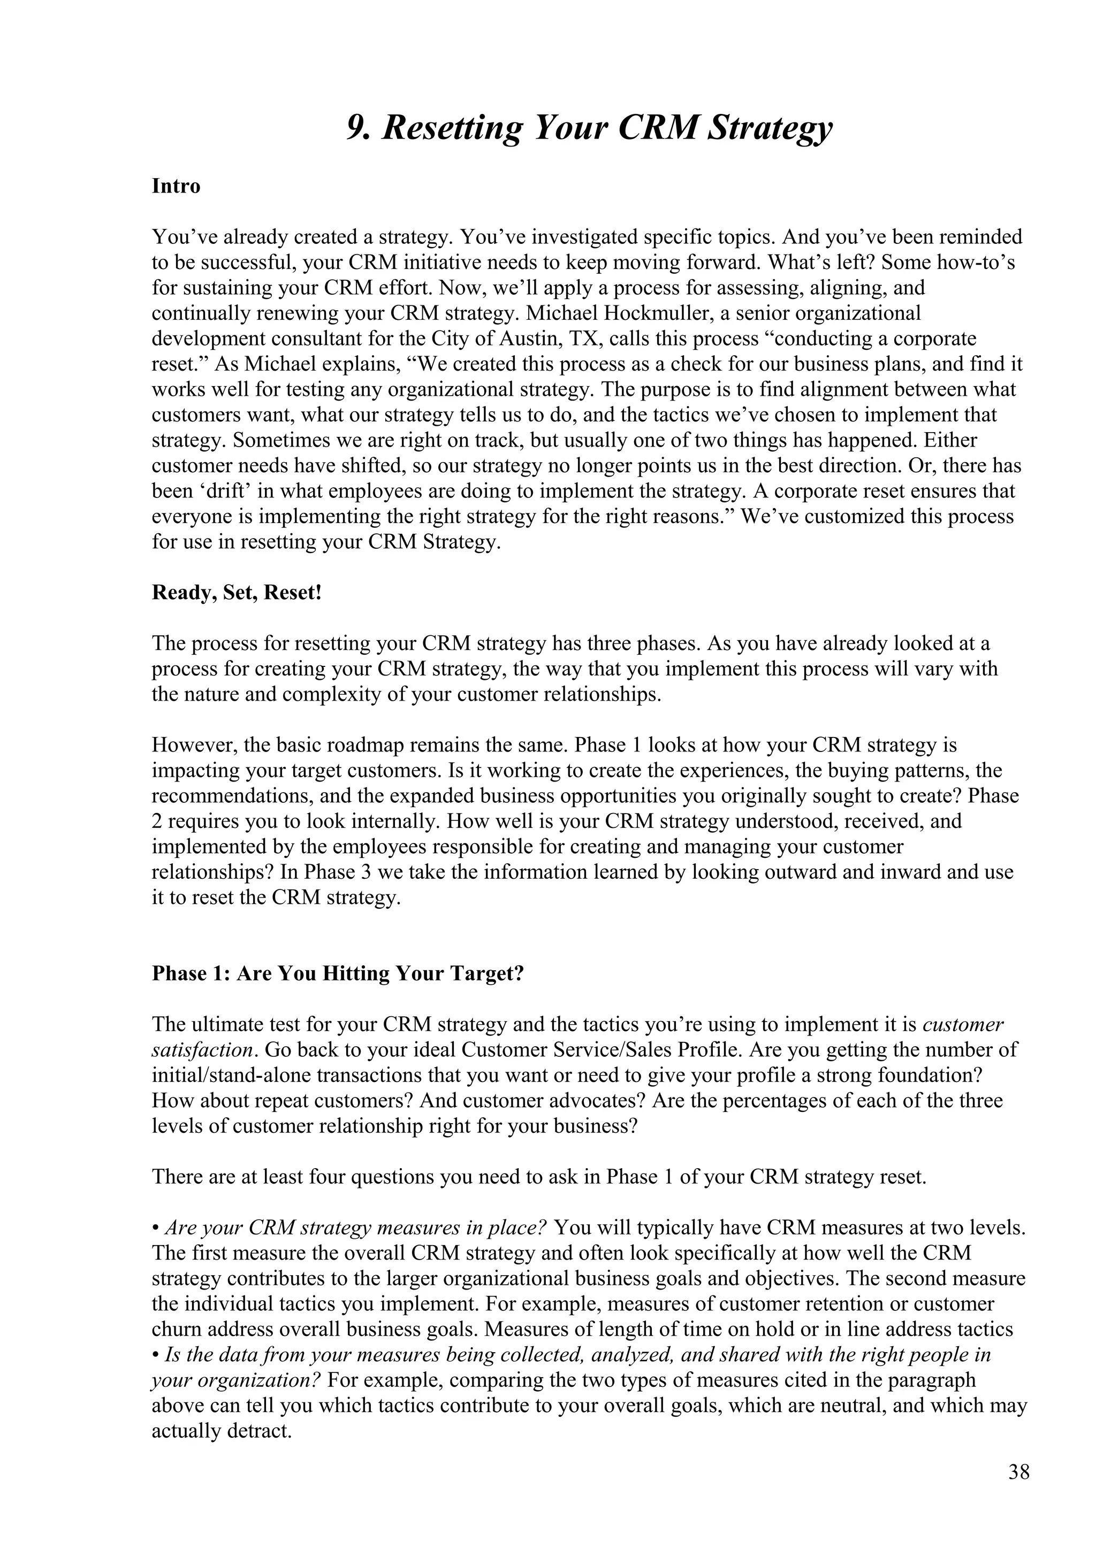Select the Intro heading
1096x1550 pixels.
[x=176, y=186]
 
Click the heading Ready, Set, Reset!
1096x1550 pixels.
[x=237, y=593]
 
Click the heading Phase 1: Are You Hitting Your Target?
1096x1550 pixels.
[x=338, y=973]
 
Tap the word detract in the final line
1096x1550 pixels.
[x=263, y=1431]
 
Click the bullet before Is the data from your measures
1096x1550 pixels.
[x=155, y=1355]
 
